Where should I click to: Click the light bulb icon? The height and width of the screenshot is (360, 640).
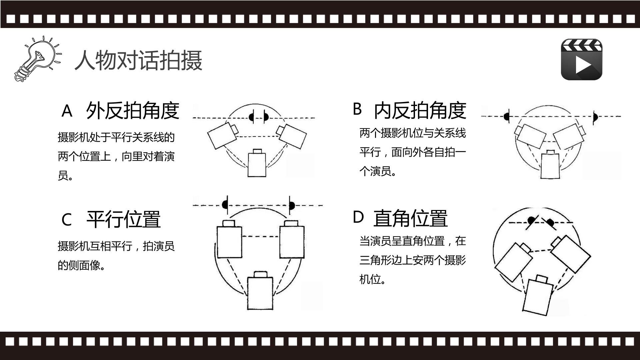[37, 59]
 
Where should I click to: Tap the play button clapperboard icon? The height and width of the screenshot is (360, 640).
[582, 59]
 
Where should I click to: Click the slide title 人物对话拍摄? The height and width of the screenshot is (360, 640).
[138, 60]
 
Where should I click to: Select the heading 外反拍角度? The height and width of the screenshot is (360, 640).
[133, 110]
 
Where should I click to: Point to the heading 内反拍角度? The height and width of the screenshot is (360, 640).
[420, 110]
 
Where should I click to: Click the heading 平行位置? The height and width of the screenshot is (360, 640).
[124, 219]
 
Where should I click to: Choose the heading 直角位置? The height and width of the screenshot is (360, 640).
[410, 218]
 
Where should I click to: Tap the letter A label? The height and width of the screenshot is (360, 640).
[67, 111]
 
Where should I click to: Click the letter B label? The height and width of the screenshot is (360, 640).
[357, 109]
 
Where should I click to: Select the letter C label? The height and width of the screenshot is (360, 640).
[67, 220]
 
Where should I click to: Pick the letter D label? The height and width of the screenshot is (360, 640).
[358, 217]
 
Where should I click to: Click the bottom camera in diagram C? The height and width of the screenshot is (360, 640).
[260, 290]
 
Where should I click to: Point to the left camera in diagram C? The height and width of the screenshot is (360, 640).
[229, 239]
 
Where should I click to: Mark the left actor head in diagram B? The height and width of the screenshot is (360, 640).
[506, 116]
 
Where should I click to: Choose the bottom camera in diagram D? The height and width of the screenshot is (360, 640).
[538, 295]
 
